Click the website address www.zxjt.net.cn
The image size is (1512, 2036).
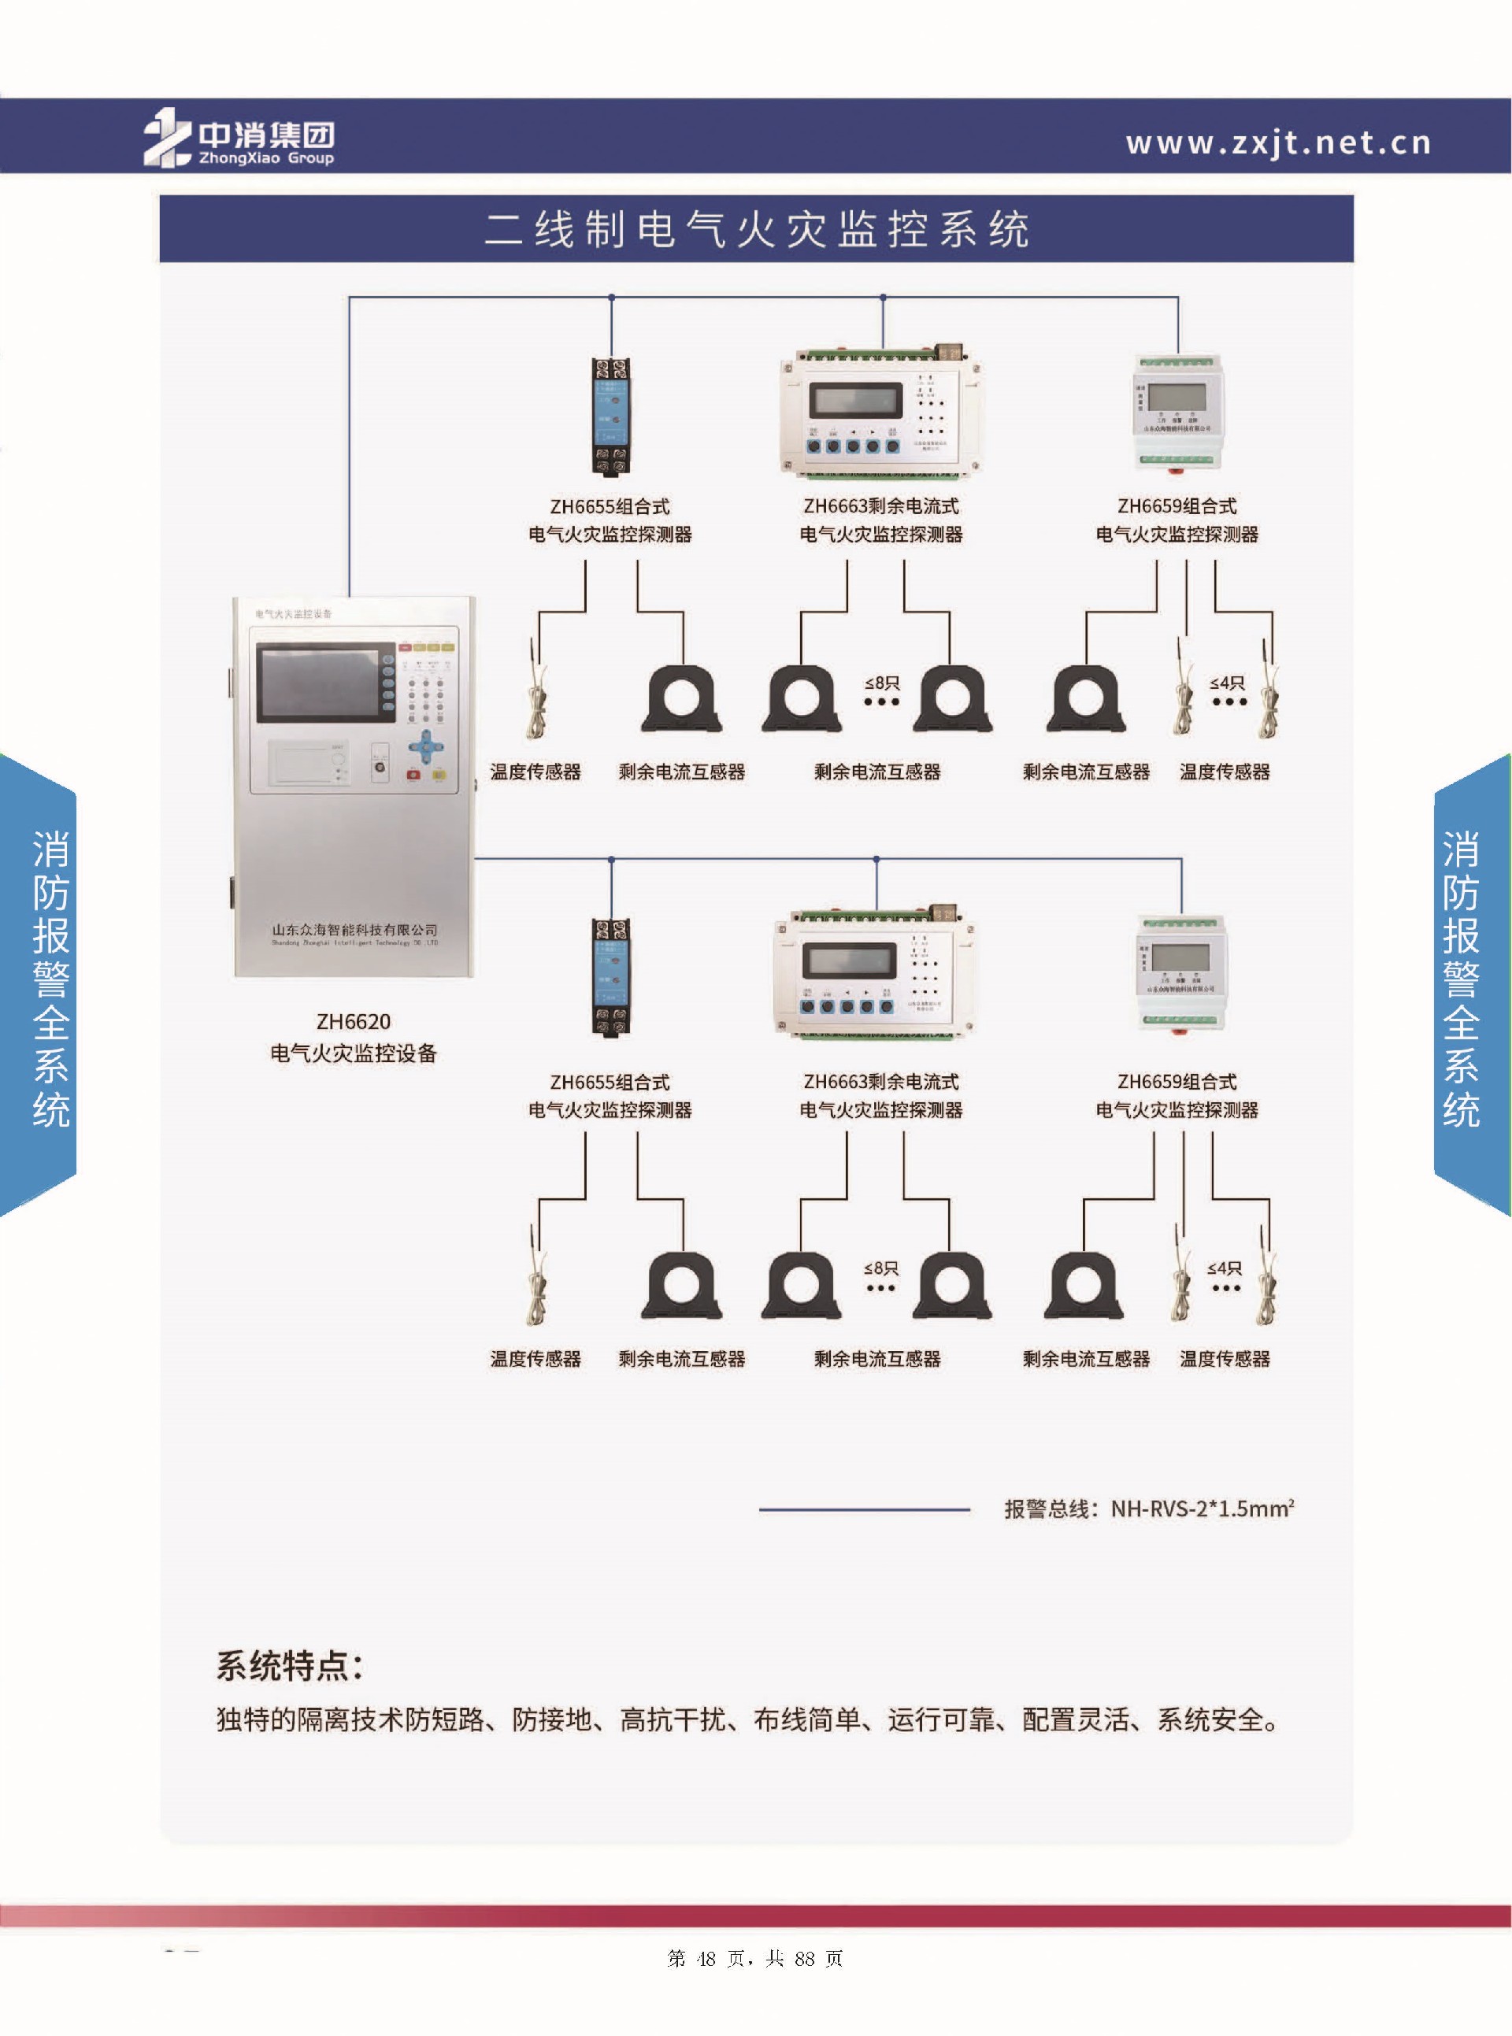[x=1277, y=143]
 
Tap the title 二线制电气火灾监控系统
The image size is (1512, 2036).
[x=757, y=230]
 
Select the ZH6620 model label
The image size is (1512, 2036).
[x=354, y=1021]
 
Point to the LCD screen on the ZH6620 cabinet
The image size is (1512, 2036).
[x=317, y=683]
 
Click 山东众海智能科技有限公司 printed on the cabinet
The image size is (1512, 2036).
[x=354, y=930]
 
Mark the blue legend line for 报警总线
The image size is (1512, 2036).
[x=863, y=1509]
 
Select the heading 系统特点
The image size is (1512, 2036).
[x=289, y=1665]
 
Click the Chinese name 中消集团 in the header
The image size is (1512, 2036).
[x=266, y=135]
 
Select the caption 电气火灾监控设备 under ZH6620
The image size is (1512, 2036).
[x=354, y=1053]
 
